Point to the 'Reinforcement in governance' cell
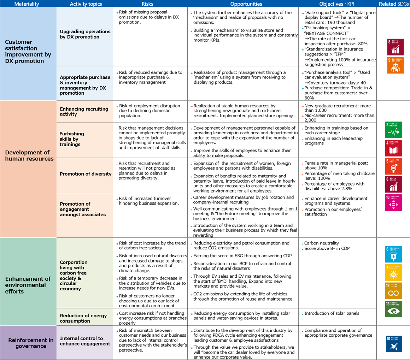[31, 343]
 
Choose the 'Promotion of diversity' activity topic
[86, 174]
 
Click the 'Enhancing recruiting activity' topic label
[84, 112]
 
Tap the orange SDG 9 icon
[395, 65]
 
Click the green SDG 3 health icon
[393, 130]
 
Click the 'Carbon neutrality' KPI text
[321, 243]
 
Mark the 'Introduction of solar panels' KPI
[332, 313]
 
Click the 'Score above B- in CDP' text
[327, 248]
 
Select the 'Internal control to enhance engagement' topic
[85, 341]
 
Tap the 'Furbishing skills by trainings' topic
[72, 139]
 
